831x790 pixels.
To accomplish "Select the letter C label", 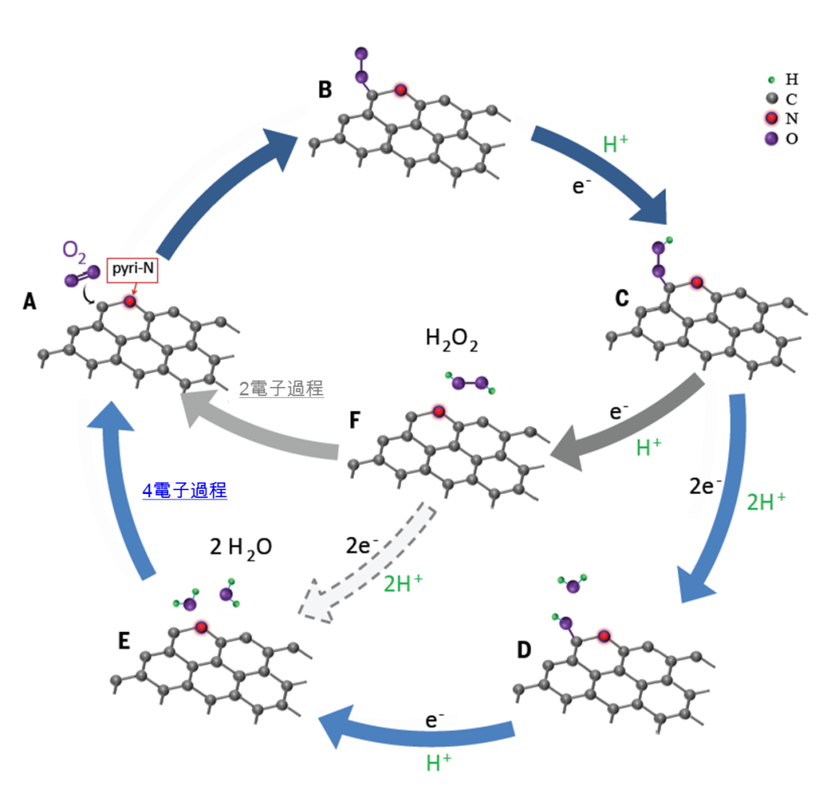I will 621,298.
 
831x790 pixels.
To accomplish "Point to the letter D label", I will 524,650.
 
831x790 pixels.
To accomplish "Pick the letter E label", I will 124,640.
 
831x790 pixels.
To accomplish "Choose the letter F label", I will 355,420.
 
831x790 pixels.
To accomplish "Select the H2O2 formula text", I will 452,339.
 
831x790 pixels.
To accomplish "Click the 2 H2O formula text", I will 240,547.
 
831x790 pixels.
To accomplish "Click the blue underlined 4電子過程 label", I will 184,490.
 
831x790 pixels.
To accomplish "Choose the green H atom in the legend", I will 771,79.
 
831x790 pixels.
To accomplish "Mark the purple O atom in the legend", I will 771,138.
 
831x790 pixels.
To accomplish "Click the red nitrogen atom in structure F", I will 438,412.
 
